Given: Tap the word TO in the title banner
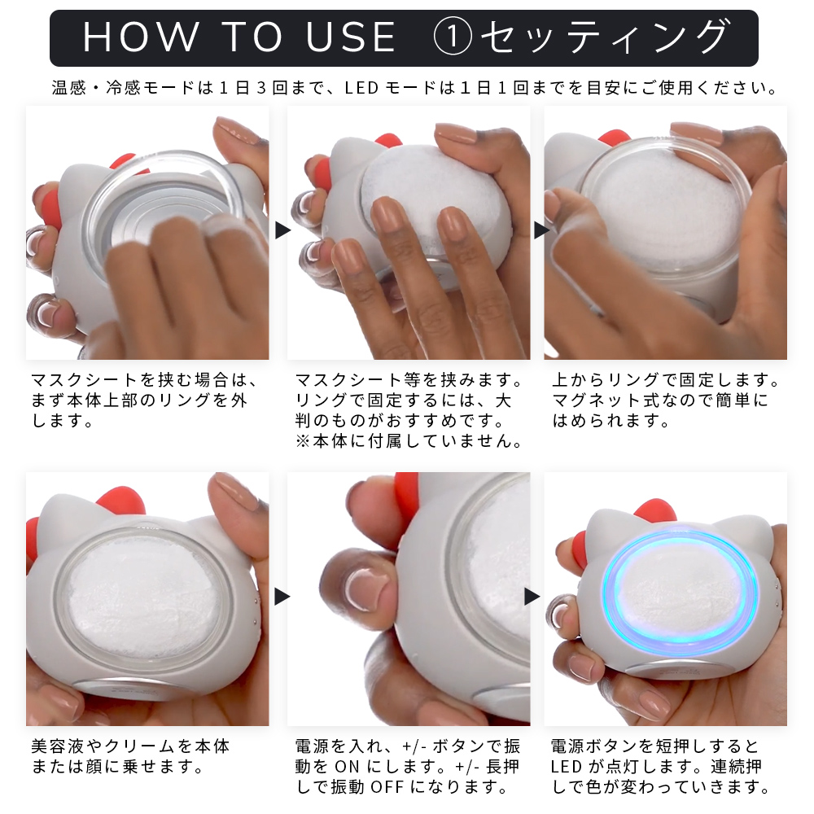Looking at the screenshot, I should (x=252, y=37).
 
